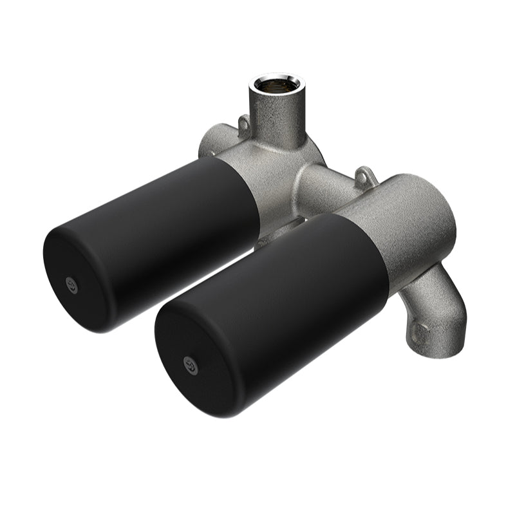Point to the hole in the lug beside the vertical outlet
[244, 122]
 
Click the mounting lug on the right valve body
[365, 174]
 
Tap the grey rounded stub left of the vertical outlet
[211, 142]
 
